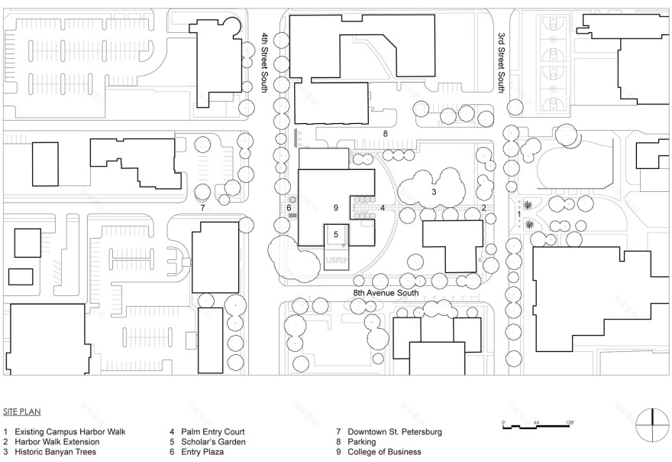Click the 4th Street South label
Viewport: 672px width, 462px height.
click(x=265, y=62)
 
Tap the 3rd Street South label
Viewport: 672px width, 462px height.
click(x=502, y=62)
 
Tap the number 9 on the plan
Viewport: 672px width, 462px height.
click(x=335, y=207)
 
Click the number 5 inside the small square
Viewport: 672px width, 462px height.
click(x=336, y=234)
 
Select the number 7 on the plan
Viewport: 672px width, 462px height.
click(x=202, y=207)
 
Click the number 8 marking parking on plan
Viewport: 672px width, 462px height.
click(x=386, y=134)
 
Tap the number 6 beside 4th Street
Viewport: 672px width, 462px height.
click(x=289, y=207)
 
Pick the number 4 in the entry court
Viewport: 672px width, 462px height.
click(x=382, y=207)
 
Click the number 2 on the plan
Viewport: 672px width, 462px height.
click(x=483, y=207)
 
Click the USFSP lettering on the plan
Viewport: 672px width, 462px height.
click(x=336, y=261)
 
